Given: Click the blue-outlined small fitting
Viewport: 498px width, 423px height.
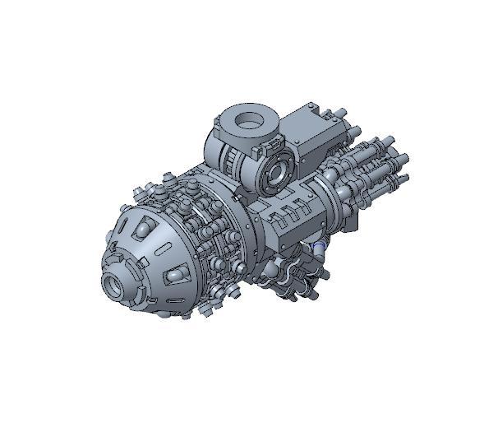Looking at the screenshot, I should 320,244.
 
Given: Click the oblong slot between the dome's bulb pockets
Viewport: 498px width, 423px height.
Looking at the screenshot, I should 167,249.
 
